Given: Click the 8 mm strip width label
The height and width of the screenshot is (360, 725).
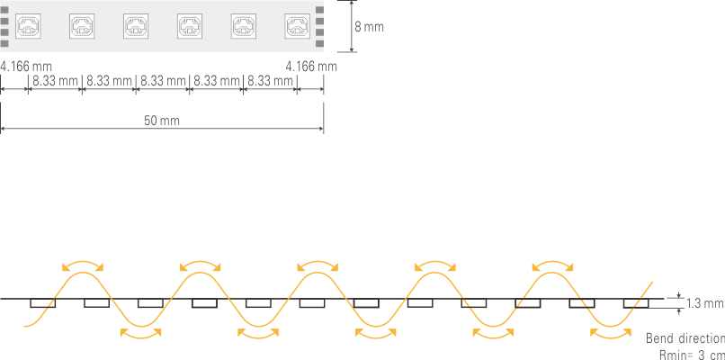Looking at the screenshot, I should click(369, 27).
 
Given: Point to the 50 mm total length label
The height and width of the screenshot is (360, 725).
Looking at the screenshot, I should click(162, 120).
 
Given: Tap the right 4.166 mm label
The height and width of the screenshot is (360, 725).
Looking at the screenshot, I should click(311, 66).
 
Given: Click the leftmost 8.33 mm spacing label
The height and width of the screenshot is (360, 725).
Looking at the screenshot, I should click(55, 81).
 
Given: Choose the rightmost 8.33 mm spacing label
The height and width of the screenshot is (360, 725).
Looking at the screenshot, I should click(271, 81).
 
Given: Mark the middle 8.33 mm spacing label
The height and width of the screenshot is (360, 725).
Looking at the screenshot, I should click(163, 81).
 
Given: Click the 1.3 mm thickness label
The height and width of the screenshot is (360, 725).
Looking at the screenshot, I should click(704, 303).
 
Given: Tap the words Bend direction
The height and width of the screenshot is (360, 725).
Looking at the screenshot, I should click(685, 338).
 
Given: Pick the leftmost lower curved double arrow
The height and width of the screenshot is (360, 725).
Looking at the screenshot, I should click(141, 333).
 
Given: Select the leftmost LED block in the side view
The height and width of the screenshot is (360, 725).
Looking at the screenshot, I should click(43, 303).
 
